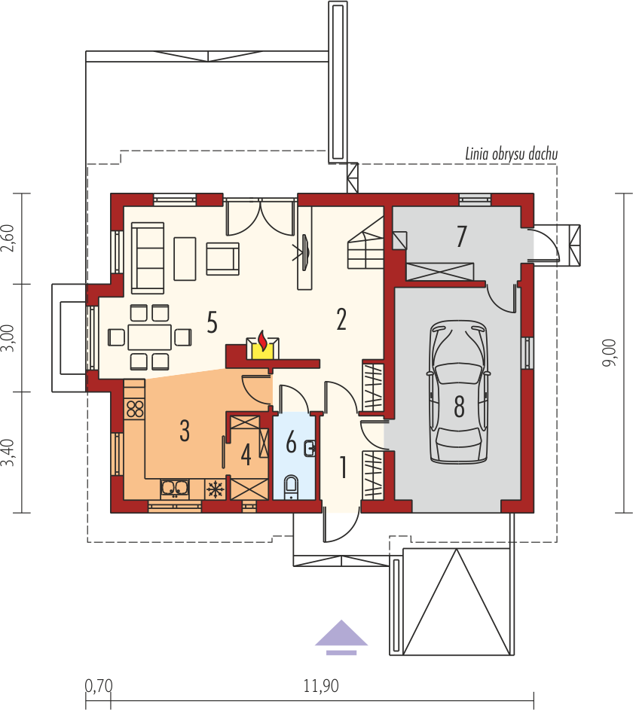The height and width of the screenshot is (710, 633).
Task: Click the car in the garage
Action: coord(459,392)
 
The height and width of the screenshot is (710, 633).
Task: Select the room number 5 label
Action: coord(212,322)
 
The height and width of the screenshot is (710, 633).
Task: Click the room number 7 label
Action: coord(461,236)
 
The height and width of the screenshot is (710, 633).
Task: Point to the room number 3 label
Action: coord(185,430)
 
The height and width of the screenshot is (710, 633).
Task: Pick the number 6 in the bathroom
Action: coord(292,442)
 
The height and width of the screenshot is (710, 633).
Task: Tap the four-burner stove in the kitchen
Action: coord(135,408)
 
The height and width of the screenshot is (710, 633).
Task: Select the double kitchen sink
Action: coord(175,488)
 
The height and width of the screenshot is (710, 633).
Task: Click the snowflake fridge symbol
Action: coord(215,489)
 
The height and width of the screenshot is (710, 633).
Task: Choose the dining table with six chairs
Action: coord(149,337)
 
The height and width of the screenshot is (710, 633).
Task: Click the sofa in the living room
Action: coord(148,257)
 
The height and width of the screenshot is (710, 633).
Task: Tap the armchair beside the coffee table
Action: coord(222,258)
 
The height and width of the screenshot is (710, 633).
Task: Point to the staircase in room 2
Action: coord(365,244)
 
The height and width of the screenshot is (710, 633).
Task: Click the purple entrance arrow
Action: coord(341,637)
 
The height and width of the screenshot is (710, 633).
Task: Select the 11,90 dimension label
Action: coord(321,686)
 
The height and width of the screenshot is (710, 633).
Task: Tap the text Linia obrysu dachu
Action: coord(511,154)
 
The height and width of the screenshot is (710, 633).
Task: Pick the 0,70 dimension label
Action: coord(99,686)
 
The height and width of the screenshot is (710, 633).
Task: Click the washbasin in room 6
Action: coord(310,448)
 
